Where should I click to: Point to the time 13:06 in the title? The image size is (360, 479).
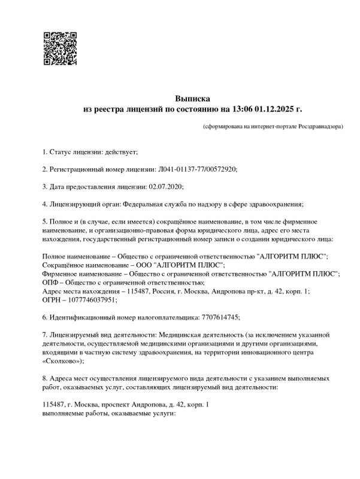239,110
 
